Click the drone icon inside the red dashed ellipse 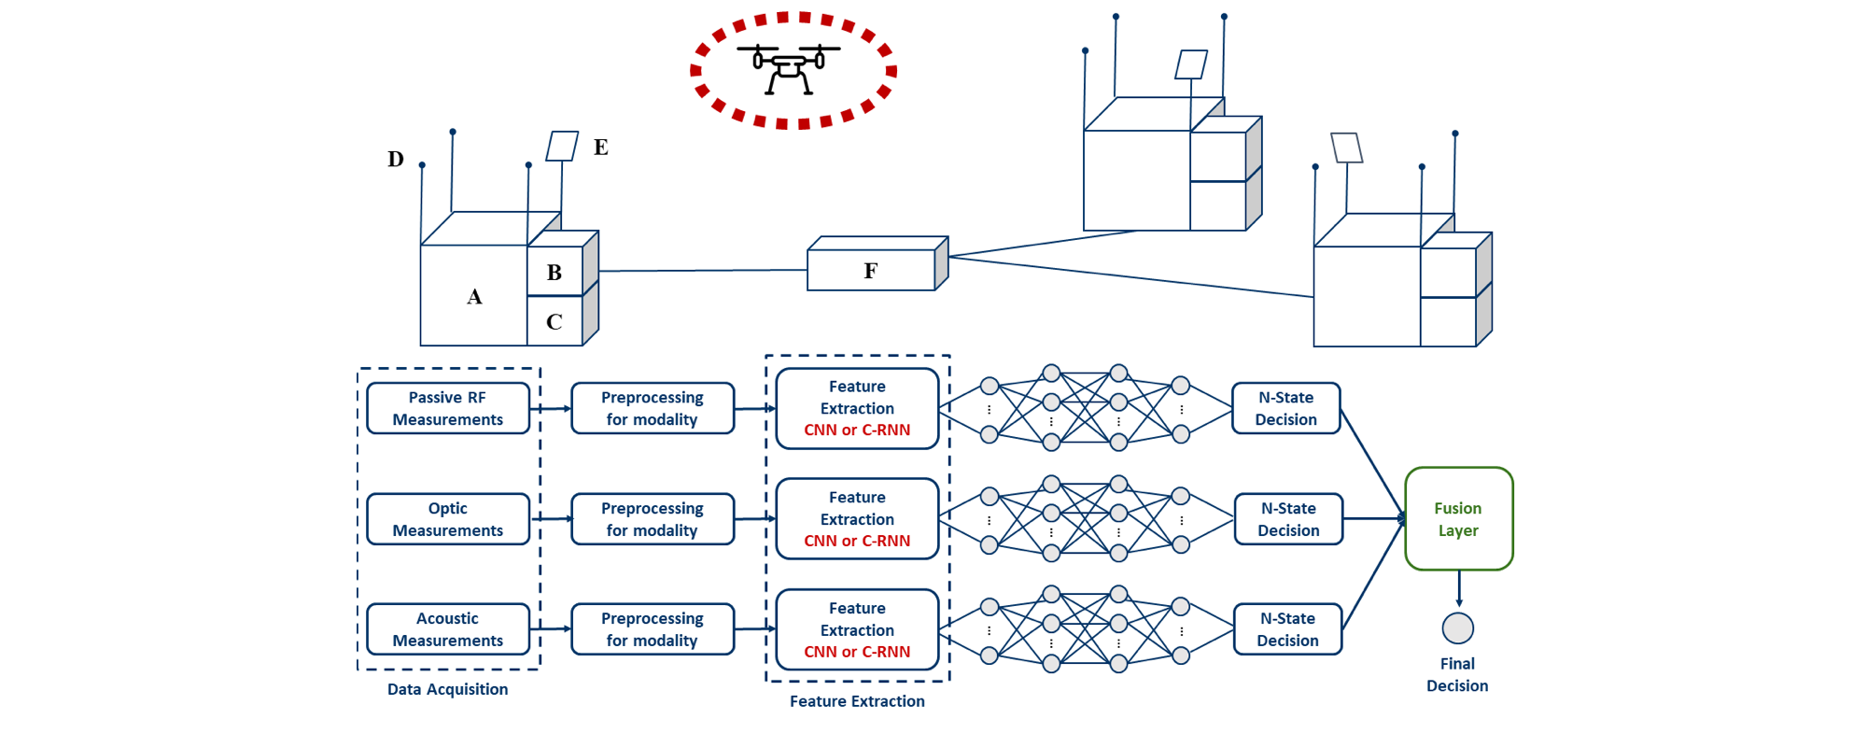[x=789, y=67]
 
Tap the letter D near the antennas [x=396, y=160]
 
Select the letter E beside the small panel [x=601, y=148]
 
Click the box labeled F [x=871, y=271]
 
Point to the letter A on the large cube [x=474, y=297]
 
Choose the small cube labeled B [x=554, y=273]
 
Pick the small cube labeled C [x=554, y=322]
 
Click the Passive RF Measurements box [x=448, y=409]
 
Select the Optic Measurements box [x=448, y=519]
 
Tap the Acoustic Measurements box [x=448, y=629]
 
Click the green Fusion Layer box [x=1458, y=519]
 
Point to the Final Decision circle [x=1457, y=628]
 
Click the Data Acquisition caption [x=448, y=689]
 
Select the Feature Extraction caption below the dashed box [x=857, y=701]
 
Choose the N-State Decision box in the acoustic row [x=1287, y=629]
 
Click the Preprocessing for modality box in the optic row [x=653, y=519]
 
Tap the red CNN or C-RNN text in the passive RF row [x=857, y=430]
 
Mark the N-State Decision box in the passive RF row [x=1285, y=409]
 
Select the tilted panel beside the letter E [x=562, y=147]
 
